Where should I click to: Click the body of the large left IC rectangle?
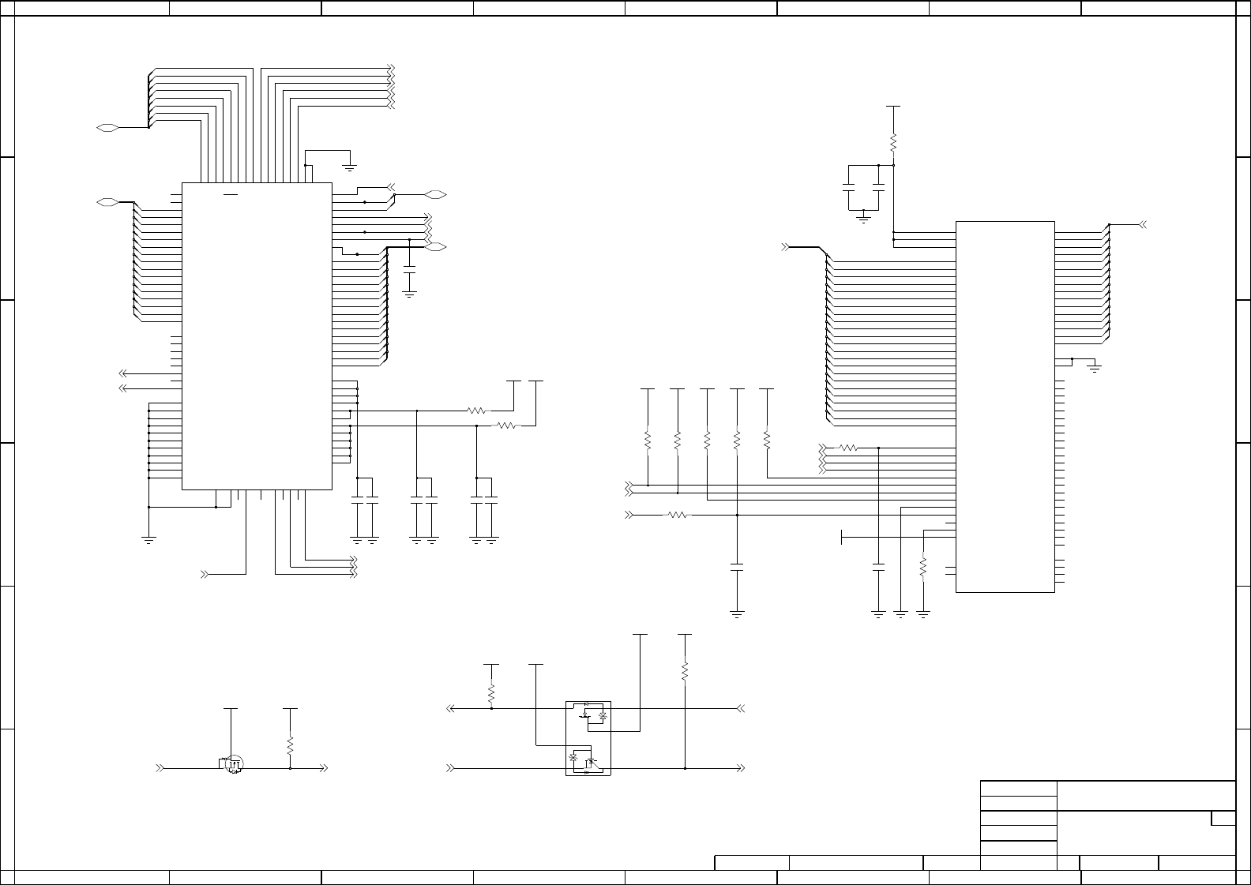257,336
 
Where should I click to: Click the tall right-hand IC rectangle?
1005,407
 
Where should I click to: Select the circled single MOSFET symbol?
233,764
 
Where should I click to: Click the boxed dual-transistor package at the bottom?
588,738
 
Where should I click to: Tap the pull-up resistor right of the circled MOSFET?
291,745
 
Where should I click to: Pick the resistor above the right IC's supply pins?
893,144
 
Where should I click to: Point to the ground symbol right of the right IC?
1094,368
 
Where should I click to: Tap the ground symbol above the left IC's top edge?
349,167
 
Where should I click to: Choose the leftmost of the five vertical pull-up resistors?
648,440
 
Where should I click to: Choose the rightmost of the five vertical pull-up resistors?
767,440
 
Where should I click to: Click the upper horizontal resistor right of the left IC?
477,411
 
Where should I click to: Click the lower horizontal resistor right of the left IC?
506,426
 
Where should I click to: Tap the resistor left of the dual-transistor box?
491,693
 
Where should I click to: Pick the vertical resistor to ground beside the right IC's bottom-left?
923,567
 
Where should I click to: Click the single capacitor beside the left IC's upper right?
409,270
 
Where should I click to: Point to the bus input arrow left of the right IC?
786,247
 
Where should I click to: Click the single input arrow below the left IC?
206,574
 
